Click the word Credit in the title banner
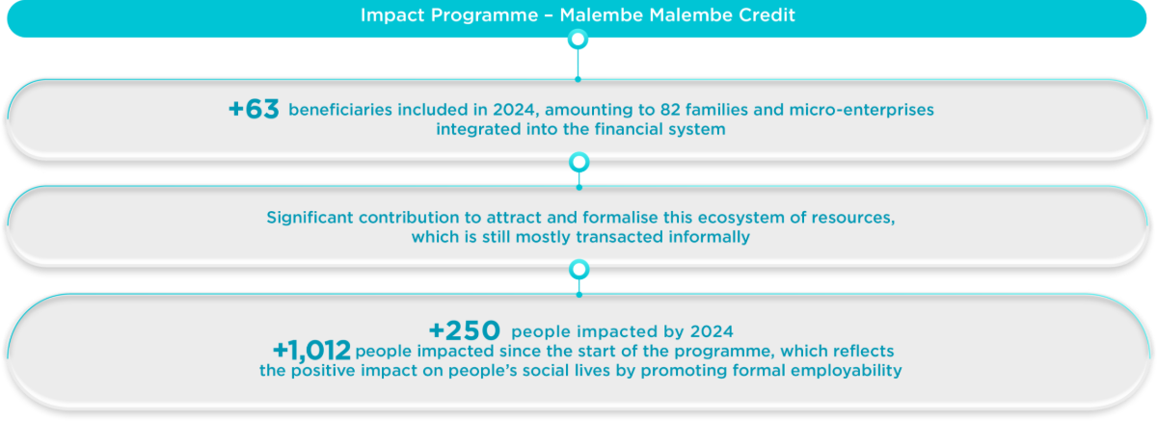767,15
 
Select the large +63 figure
254,110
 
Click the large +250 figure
465,330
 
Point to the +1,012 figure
312,351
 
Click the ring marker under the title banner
578,39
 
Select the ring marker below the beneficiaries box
579,163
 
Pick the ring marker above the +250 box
579,270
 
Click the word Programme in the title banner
484,15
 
